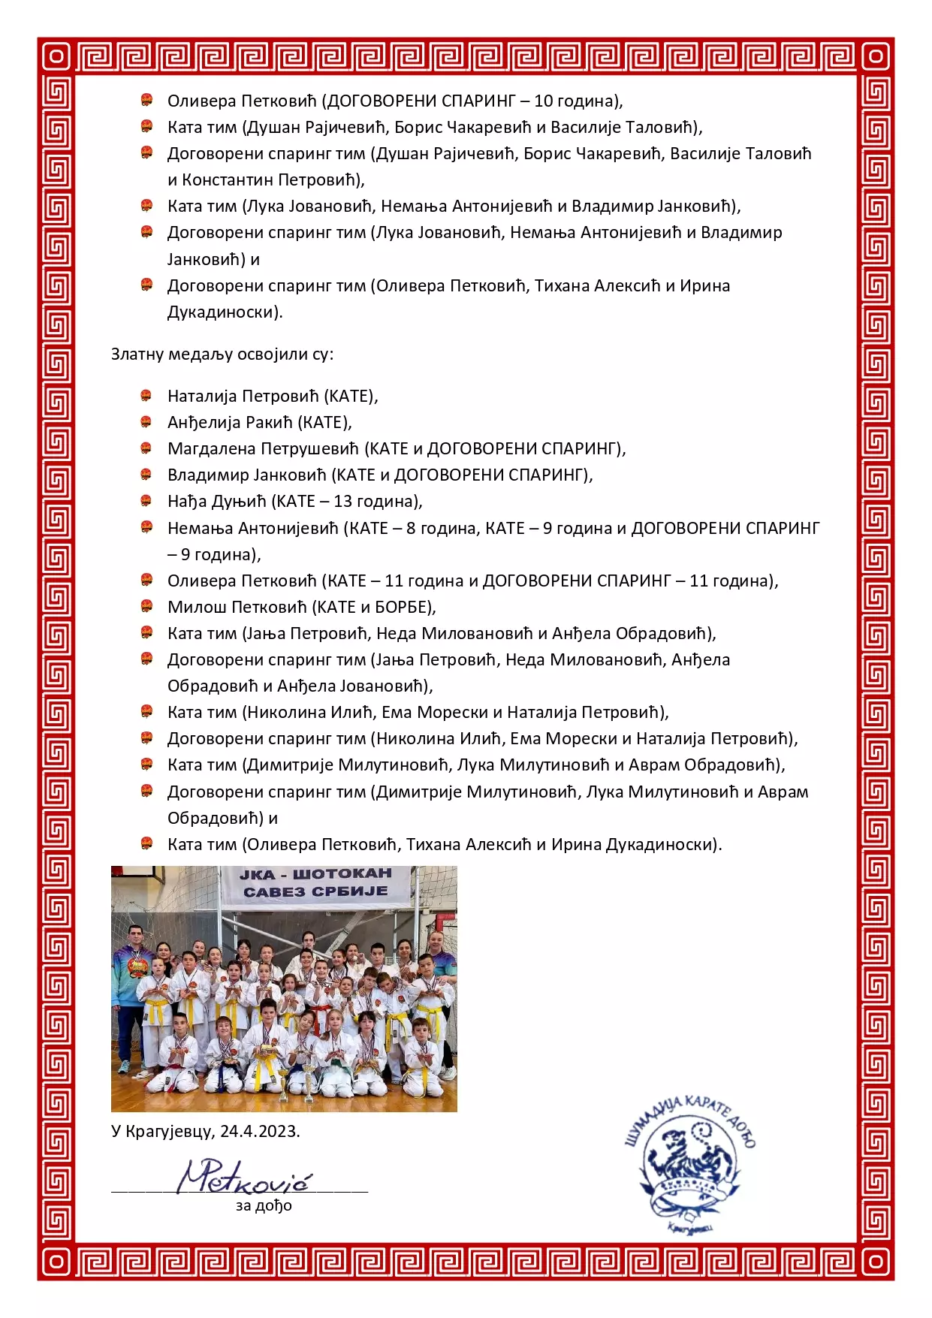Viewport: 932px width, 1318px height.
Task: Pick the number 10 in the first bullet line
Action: pyautogui.click(x=543, y=101)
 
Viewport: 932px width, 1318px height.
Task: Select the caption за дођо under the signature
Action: pyautogui.click(x=264, y=1206)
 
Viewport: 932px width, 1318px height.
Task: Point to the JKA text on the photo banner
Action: pyautogui.click(x=258, y=875)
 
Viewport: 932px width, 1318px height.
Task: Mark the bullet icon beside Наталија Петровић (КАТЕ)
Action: pyautogui.click(x=147, y=396)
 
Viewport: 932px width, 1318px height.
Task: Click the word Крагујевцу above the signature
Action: pyautogui.click(x=170, y=1132)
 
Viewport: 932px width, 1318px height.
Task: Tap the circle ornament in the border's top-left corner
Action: pyautogui.click(x=56, y=56)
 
